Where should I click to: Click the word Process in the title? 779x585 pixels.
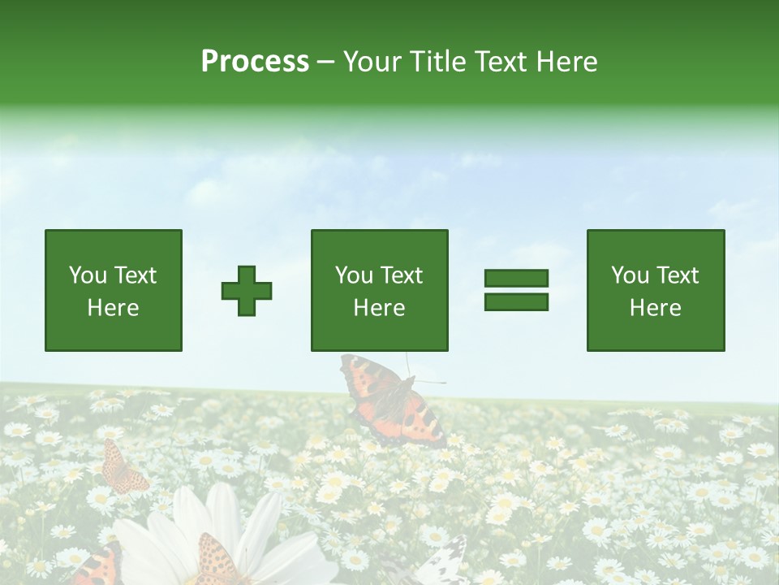[255, 62]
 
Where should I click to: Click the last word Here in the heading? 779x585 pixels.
[566, 62]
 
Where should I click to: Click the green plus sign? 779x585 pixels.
[247, 290]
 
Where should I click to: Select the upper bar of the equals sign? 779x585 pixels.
[516, 278]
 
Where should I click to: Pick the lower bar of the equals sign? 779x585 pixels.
[516, 302]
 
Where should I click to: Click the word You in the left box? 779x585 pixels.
[88, 275]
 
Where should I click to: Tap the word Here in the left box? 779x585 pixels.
[113, 308]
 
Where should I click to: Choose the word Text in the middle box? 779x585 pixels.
[401, 275]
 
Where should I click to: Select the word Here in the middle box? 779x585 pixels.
[379, 308]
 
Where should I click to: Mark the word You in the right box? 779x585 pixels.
[630, 275]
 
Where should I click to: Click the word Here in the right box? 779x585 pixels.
[655, 308]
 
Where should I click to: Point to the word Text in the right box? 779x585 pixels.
[677, 275]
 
